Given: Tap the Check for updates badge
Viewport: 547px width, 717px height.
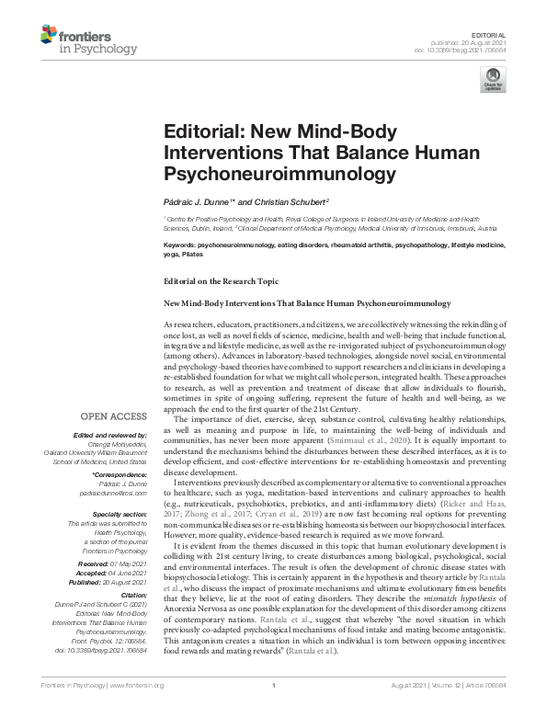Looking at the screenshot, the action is [x=492, y=85].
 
